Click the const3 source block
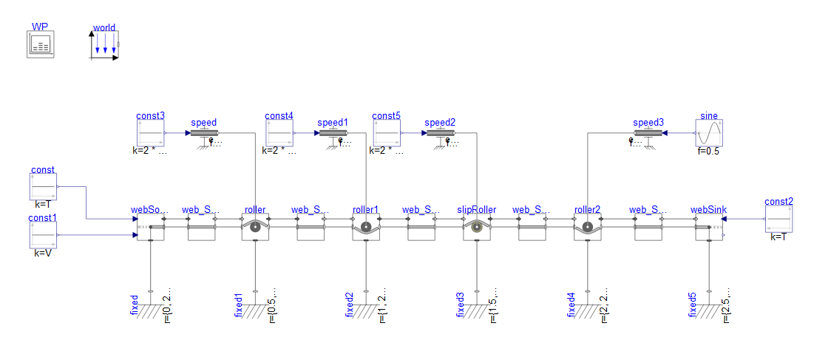(x=150, y=133)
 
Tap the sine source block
(x=708, y=133)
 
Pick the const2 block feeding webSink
(x=779, y=219)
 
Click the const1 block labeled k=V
(x=43, y=236)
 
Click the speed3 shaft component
(x=648, y=134)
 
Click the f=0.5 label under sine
(x=708, y=151)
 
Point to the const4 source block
(x=279, y=133)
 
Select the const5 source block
(x=386, y=133)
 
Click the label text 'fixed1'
(x=238, y=305)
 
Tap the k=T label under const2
(x=779, y=237)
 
